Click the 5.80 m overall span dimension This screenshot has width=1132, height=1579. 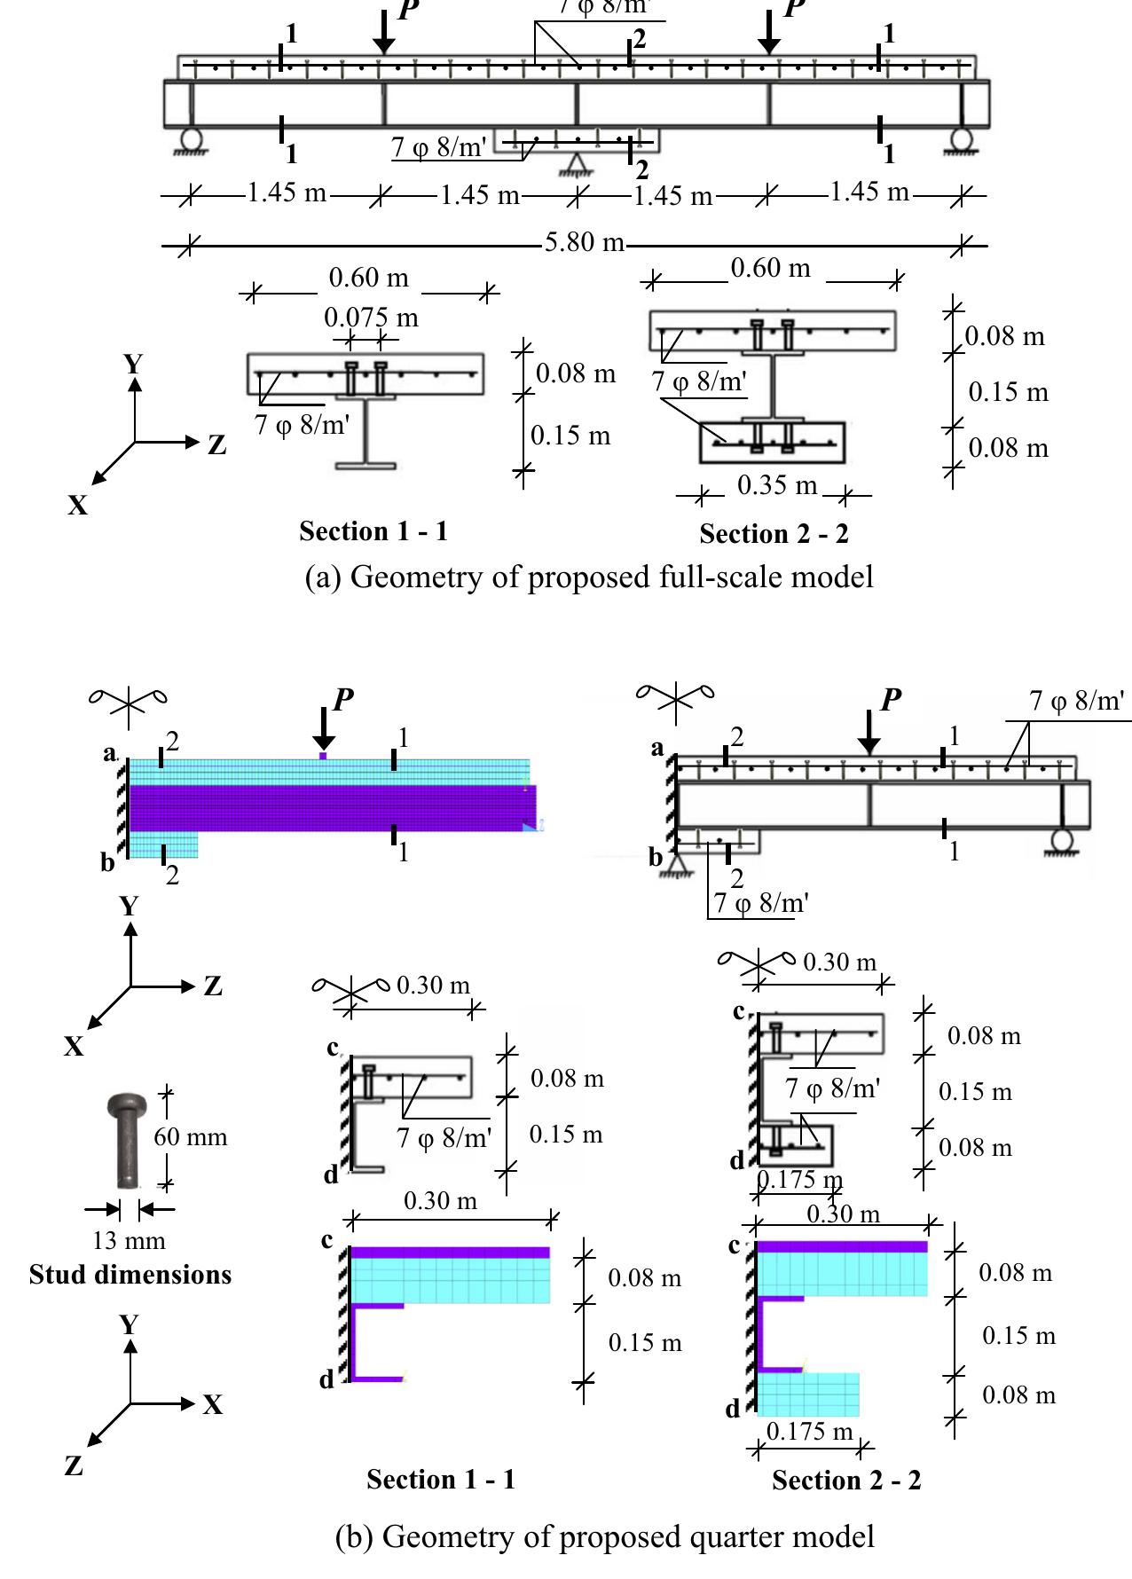point(584,242)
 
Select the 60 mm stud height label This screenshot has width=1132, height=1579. point(191,1137)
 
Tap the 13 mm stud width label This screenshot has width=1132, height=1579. point(130,1240)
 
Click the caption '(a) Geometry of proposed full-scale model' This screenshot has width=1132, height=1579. point(589,577)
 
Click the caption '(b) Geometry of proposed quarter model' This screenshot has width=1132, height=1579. point(605,1536)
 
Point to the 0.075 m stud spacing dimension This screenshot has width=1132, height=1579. point(371,318)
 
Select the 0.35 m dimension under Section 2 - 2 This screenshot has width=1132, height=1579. point(777,486)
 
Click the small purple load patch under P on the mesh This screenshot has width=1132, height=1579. point(324,756)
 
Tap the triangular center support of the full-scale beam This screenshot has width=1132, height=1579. point(578,163)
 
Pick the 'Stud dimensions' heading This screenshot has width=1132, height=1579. point(130,1275)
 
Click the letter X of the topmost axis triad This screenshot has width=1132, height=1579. point(78,506)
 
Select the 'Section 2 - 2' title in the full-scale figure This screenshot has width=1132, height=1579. point(774,534)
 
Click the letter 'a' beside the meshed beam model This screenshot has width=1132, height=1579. point(109,754)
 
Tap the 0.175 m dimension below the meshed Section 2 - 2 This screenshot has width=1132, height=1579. point(809,1432)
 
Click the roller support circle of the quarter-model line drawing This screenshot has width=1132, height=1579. point(1062,838)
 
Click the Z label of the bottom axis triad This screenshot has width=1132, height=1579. point(75,1466)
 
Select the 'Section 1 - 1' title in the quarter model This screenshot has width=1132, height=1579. point(441,1480)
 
